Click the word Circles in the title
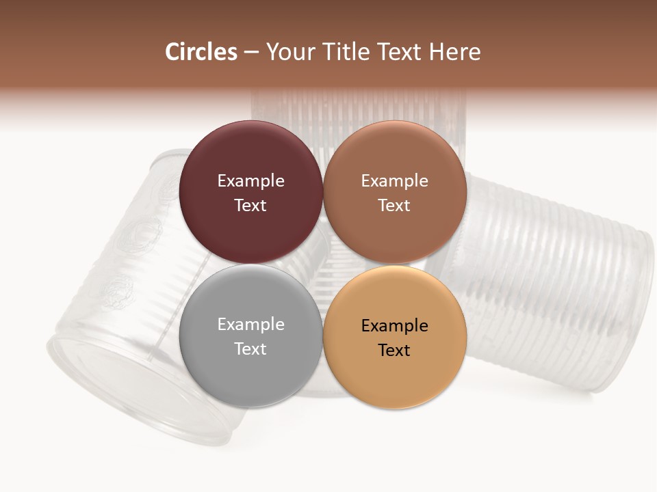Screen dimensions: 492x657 [201, 52]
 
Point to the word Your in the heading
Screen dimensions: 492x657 [288, 52]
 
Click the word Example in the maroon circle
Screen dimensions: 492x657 [250, 180]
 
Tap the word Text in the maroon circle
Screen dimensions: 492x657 [250, 205]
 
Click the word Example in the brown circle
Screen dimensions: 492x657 [395, 180]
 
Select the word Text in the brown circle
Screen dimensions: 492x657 [395, 205]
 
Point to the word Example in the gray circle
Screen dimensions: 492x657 [250, 324]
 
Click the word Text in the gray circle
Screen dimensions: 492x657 [250, 348]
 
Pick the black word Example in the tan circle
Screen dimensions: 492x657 [395, 325]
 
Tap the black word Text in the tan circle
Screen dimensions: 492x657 [395, 350]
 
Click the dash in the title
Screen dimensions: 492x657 [251, 53]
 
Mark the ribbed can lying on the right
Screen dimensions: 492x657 [547, 280]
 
